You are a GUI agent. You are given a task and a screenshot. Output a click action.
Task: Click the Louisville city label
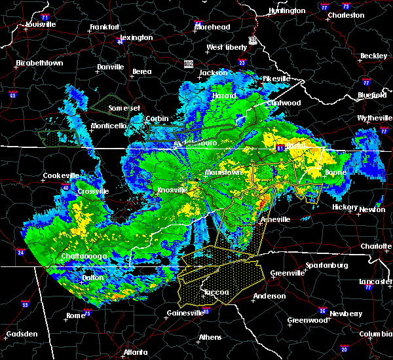(x=41, y=24)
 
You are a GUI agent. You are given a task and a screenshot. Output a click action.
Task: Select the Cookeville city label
(x=60, y=175)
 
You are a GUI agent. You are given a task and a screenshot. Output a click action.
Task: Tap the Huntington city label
(x=287, y=11)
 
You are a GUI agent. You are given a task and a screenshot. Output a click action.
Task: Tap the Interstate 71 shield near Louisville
(x=45, y=16)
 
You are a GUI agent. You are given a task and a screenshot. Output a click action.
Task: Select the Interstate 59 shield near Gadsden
(x=25, y=304)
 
